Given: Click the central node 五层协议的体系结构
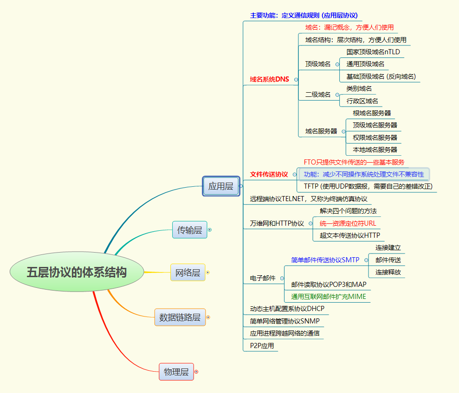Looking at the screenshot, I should click(x=77, y=272).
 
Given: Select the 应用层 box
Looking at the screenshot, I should click(x=220, y=186).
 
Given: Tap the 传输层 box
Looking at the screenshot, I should click(x=189, y=230).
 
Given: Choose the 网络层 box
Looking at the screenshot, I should click(x=187, y=273).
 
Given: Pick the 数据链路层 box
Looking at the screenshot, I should click(x=180, y=317).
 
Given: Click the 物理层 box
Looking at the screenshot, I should click(x=176, y=372).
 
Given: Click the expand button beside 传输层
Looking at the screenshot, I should click(x=210, y=230).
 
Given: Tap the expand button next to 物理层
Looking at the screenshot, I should click(x=196, y=372).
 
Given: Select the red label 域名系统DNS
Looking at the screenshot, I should click(x=269, y=79).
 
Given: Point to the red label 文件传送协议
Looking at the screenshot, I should click(x=269, y=174).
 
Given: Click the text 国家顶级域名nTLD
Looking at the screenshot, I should click(x=373, y=52).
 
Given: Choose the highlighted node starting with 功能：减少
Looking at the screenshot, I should click(x=364, y=174).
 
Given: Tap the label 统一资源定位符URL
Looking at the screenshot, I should click(x=348, y=223).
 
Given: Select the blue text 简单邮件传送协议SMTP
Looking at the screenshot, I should click(x=325, y=260).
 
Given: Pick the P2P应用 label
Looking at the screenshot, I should click(x=262, y=346).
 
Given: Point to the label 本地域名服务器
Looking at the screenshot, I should click(x=375, y=150).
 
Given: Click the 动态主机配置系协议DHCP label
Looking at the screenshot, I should click(x=287, y=309).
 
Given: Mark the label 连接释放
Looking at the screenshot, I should click(x=388, y=272).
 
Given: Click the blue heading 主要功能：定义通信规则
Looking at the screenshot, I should click(x=304, y=15).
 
